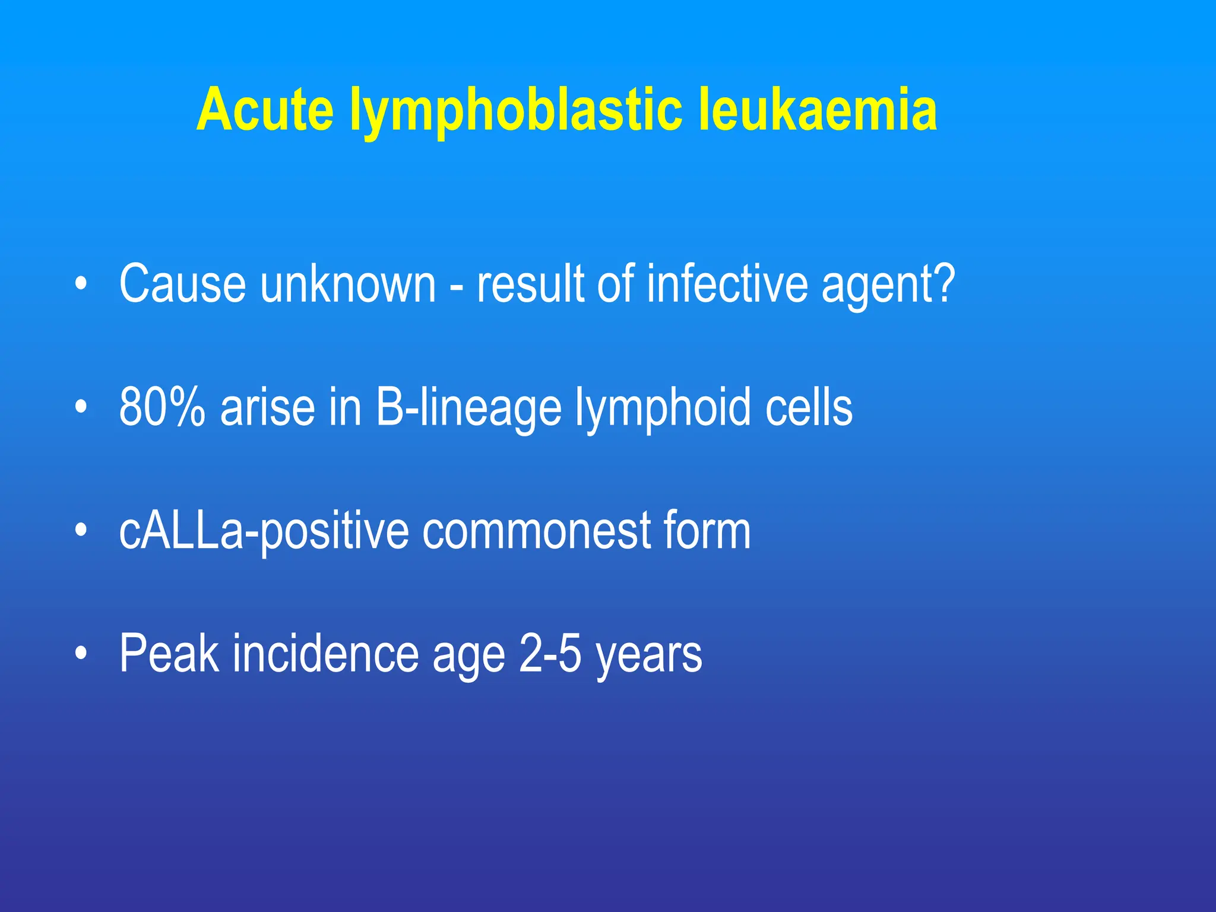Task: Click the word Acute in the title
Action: pos(265,110)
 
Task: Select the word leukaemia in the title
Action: pos(818,110)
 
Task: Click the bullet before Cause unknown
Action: pos(81,284)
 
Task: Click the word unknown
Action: pos(348,284)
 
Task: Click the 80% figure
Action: pos(162,407)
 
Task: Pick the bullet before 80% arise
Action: pos(81,407)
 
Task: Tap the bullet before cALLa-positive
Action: pos(81,531)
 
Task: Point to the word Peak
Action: pos(169,653)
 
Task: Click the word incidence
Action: pos(325,653)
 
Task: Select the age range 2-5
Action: pos(550,653)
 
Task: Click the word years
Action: pos(648,655)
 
